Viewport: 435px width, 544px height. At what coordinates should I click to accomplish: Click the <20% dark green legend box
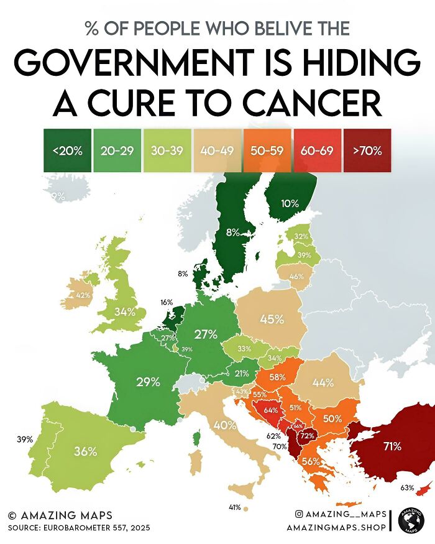[x=66, y=150]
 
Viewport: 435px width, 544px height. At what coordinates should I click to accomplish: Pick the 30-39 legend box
[x=167, y=150]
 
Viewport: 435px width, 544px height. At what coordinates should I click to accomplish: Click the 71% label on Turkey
[x=391, y=446]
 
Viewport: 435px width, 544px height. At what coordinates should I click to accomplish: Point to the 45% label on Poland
[x=272, y=320]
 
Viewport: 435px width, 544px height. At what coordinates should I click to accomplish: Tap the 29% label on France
[x=149, y=382]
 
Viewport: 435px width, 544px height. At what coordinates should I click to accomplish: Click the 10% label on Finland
[x=290, y=203]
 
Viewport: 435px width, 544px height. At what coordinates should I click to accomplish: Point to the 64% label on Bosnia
[x=270, y=410]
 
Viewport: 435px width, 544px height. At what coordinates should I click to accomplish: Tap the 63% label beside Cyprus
[x=408, y=487]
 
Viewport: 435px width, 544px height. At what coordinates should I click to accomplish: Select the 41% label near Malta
[x=234, y=507]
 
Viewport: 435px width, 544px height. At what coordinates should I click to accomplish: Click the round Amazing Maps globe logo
[x=410, y=520]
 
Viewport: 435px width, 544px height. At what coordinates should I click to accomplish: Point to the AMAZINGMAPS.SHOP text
[x=336, y=527]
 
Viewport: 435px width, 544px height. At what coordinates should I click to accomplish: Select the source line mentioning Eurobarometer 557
[x=80, y=528]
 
